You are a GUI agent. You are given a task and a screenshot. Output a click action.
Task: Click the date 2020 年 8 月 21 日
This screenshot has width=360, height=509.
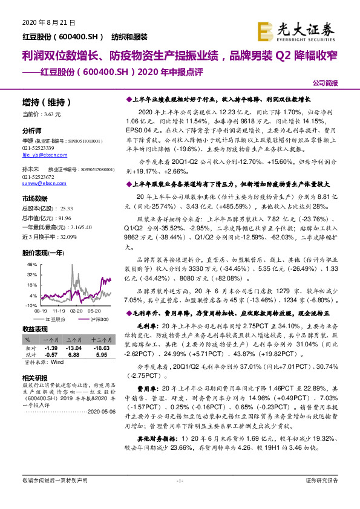pyautogui.click(x=48, y=22)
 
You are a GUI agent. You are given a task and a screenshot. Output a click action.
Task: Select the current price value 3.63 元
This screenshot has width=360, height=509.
pyautogui.click(x=50, y=114)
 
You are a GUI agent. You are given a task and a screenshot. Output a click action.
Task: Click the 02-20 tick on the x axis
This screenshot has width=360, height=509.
pyautogui.click(x=77, y=310)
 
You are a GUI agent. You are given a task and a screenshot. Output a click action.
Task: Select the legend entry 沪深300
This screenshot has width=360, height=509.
pyautogui.click(x=100, y=319)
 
